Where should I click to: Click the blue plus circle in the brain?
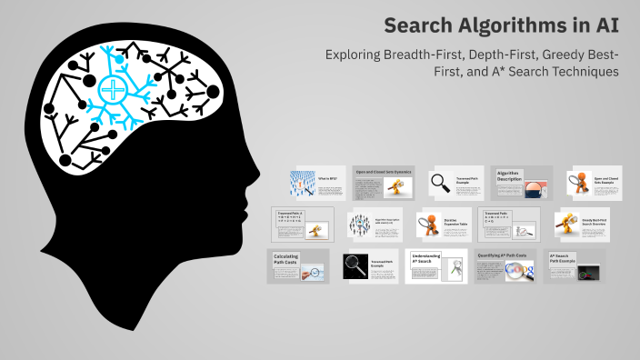(113, 90)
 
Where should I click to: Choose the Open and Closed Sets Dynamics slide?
(383, 171)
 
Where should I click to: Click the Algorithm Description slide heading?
(510, 175)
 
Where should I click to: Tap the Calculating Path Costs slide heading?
(286, 261)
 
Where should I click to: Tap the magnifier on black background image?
(354, 266)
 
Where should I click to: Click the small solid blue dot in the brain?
(119, 60)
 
